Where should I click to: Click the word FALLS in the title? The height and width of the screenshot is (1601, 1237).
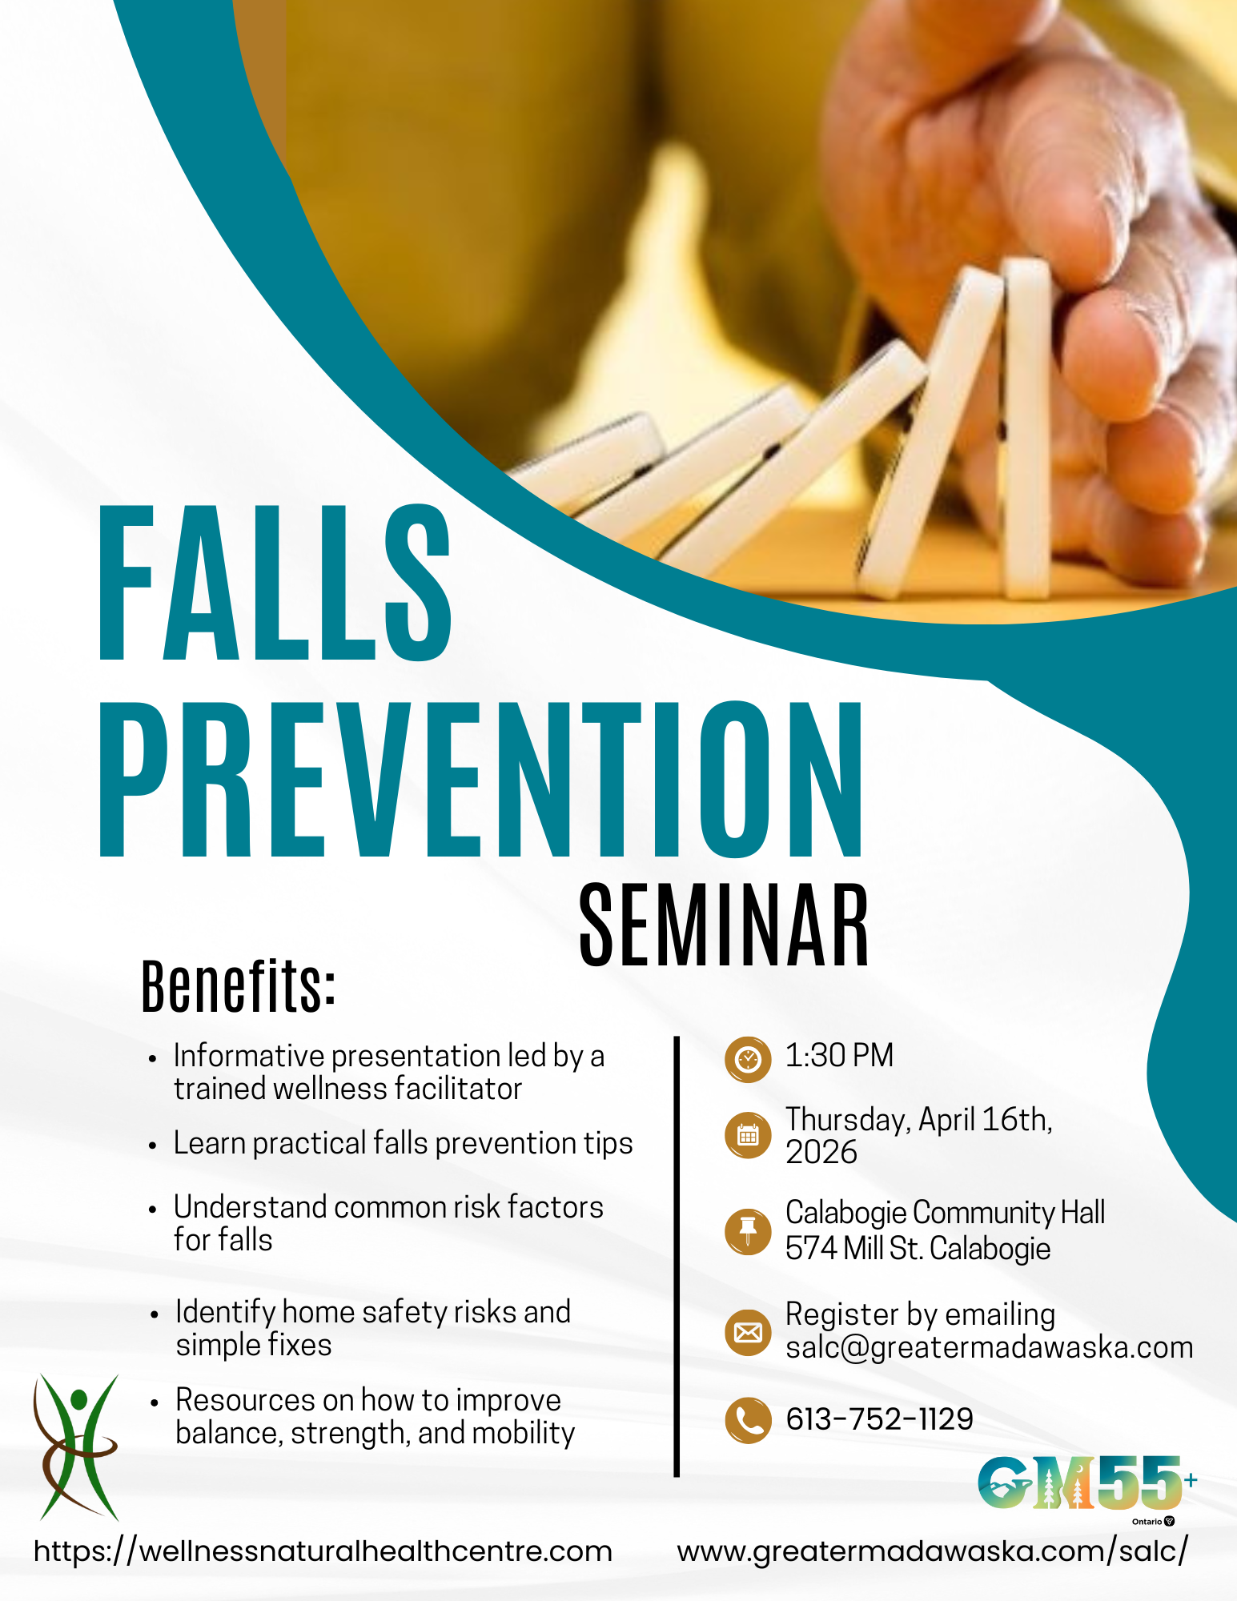click(275, 584)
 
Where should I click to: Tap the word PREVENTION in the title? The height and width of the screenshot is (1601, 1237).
click(481, 779)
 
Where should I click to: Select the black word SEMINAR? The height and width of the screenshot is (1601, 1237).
click(723, 925)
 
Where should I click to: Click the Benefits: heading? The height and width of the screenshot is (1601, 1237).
click(238, 986)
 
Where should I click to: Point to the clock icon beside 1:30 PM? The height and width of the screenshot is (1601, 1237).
click(748, 1059)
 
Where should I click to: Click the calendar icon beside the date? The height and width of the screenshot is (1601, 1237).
click(748, 1134)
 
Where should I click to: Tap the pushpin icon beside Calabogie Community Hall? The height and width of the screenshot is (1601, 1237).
click(748, 1230)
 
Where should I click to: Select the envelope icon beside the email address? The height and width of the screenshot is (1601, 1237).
click(748, 1332)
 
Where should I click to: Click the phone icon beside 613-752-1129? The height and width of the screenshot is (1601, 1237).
click(748, 1420)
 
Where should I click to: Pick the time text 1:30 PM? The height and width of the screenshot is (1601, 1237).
click(838, 1056)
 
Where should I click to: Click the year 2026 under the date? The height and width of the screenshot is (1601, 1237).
click(821, 1153)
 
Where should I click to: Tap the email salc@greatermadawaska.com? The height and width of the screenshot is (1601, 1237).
click(989, 1348)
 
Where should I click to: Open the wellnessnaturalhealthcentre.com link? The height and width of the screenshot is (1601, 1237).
click(323, 1551)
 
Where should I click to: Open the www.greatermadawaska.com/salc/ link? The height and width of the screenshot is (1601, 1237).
click(932, 1551)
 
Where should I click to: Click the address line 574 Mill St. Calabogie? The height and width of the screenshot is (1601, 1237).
click(918, 1249)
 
